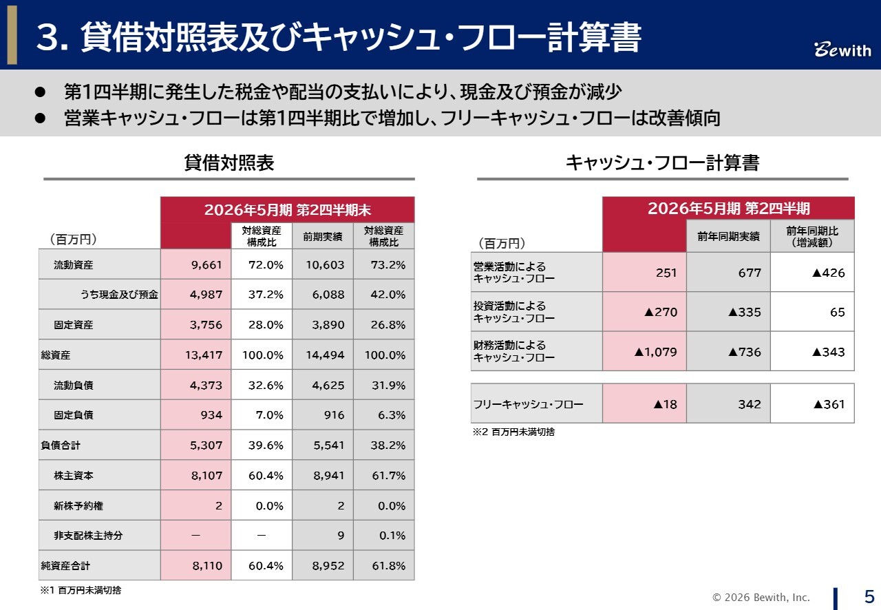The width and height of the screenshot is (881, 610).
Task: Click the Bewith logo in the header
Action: click(842, 50)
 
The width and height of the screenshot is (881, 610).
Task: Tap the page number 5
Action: click(869, 596)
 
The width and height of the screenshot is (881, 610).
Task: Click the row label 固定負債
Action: click(74, 415)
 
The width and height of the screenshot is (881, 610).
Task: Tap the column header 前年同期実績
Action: click(728, 237)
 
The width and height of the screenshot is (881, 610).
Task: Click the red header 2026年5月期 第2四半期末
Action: click(287, 210)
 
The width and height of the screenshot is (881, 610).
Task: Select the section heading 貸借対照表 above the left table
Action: click(229, 163)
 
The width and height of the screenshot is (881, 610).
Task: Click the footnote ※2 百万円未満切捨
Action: click(513, 432)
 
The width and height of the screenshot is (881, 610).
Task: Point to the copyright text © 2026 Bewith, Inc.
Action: click(761, 598)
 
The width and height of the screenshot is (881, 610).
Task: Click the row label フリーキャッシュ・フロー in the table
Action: click(528, 404)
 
